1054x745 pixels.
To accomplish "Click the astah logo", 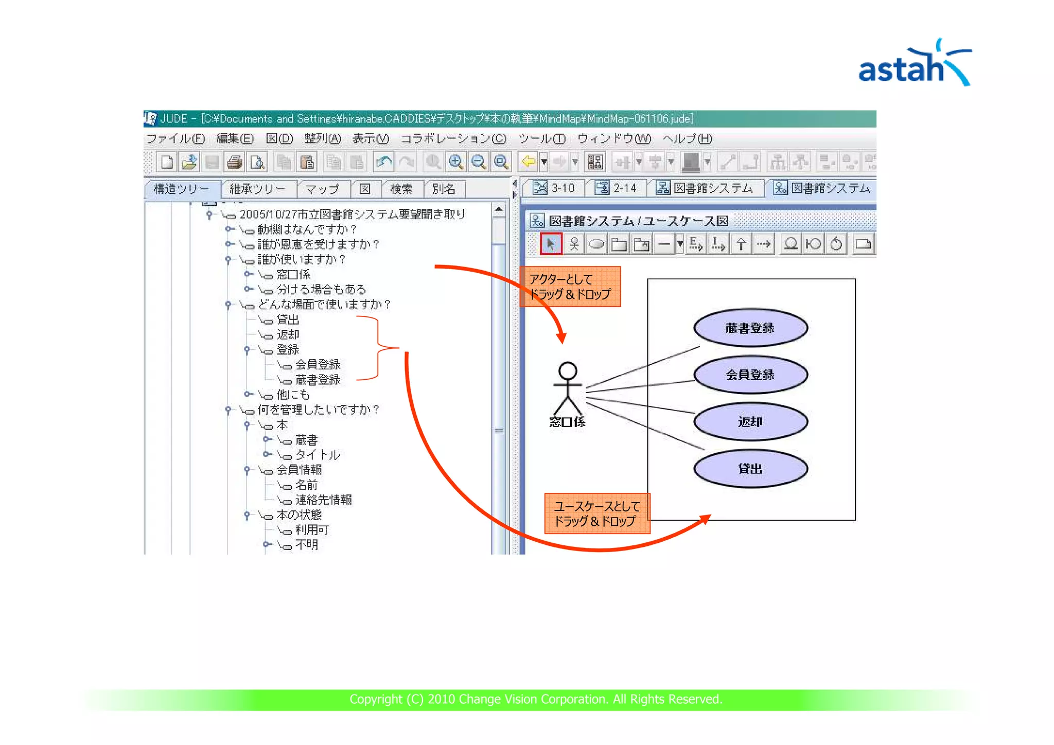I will pyautogui.click(x=914, y=64).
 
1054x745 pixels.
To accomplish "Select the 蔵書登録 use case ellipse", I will pyautogui.click(x=750, y=328).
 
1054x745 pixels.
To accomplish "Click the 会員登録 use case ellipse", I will pyautogui.click(x=750, y=375).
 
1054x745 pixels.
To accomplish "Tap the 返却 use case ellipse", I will pyautogui.click(x=750, y=422).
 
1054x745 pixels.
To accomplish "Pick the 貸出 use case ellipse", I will pyautogui.click(x=750, y=469).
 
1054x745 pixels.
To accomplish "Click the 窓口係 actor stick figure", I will pyautogui.click(x=567, y=388).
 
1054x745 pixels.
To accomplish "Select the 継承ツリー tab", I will pyautogui.click(x=257, y=189).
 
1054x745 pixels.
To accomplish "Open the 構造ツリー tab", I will pyautogui.click(x=181, y=189).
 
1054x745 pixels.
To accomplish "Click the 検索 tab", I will pyautogui.click(x=401, y=189).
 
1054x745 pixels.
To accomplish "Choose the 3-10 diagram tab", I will pyautogui.click(x=554, y=188).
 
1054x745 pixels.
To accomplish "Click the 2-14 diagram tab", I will pyautogui.click(x=616, y=188).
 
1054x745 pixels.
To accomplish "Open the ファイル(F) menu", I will pyautogui.click(x=175, y=138).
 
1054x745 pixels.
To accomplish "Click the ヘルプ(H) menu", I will pyautogui.click(x=687, y=138).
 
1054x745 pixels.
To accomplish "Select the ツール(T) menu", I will pyautogui.click(x=542, y=138).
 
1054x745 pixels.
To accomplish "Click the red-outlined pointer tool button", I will pyautogui.click(x=551, y=244).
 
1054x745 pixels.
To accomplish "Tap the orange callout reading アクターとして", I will pyautogui.click(x=570, y=287).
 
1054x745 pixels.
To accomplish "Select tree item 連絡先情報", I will pyautogui.click(x=323, y=500).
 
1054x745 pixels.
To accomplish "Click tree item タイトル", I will pyautogui.click(x=317, y=455).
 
